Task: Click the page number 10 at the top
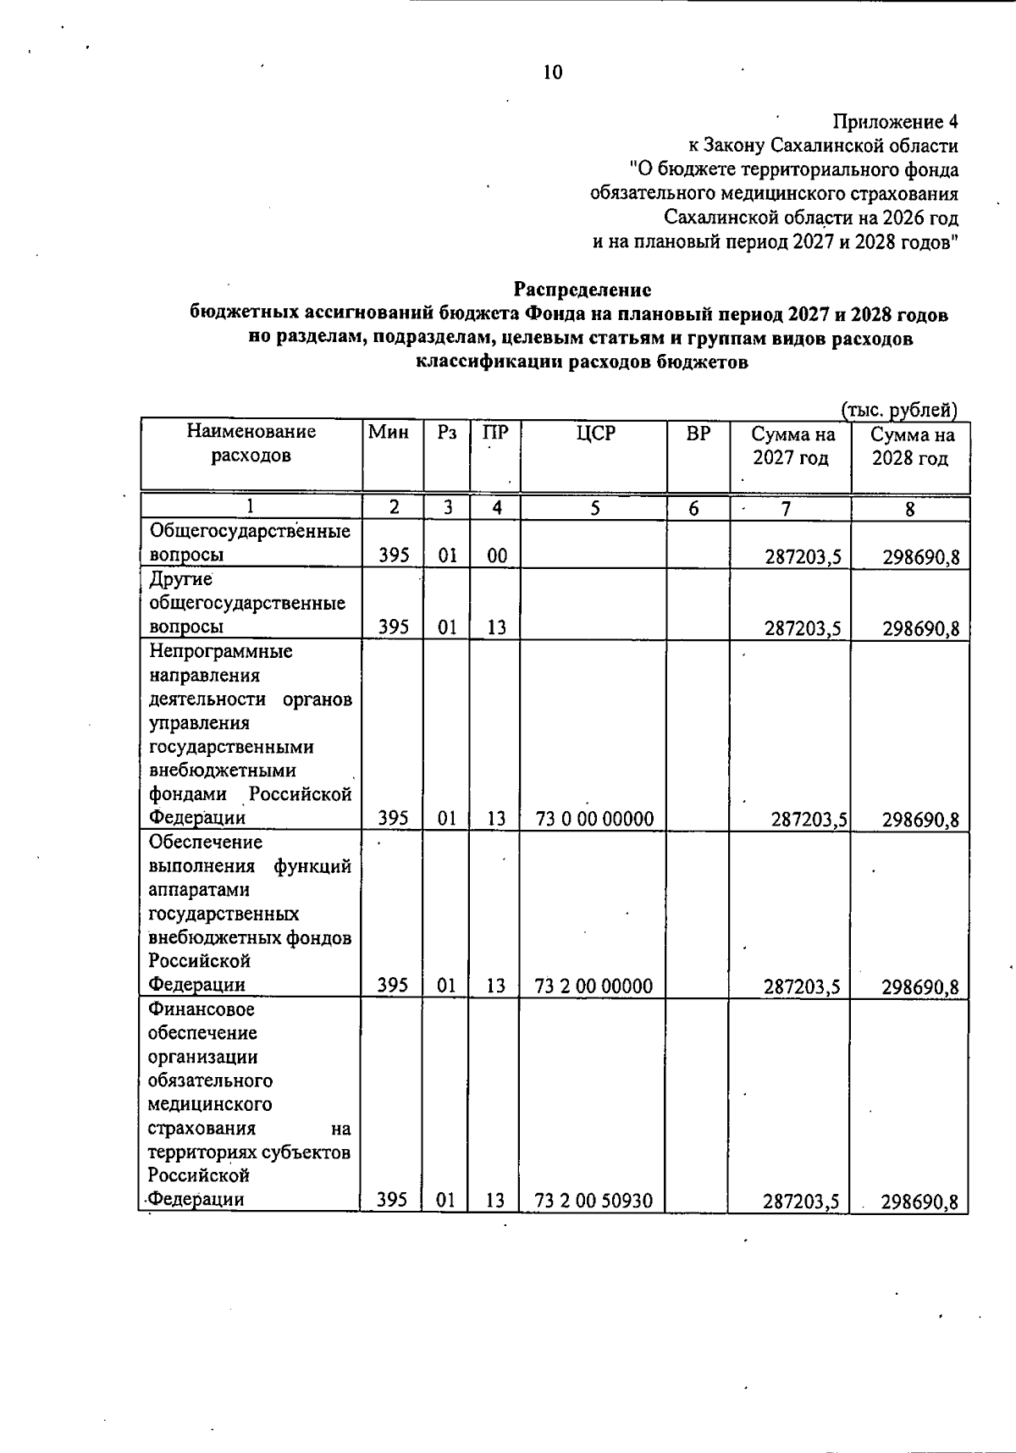pos(552,73)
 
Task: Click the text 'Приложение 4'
pos(895,122)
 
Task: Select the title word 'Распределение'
pos(583,290)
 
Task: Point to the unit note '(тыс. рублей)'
pos(898,411)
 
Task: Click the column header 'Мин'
pos(389,433)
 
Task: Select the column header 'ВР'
pos(698,433)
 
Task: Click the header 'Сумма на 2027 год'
pos(792,446)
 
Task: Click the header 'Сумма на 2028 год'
pos(912,446)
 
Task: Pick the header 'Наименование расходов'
pos(251,444)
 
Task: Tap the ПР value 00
pos(497,556)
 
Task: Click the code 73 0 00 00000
pos(595,819)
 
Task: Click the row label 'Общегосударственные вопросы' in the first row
pos(250,543)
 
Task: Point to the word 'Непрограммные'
pos(220,651)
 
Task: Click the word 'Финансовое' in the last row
pos(202,1009)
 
